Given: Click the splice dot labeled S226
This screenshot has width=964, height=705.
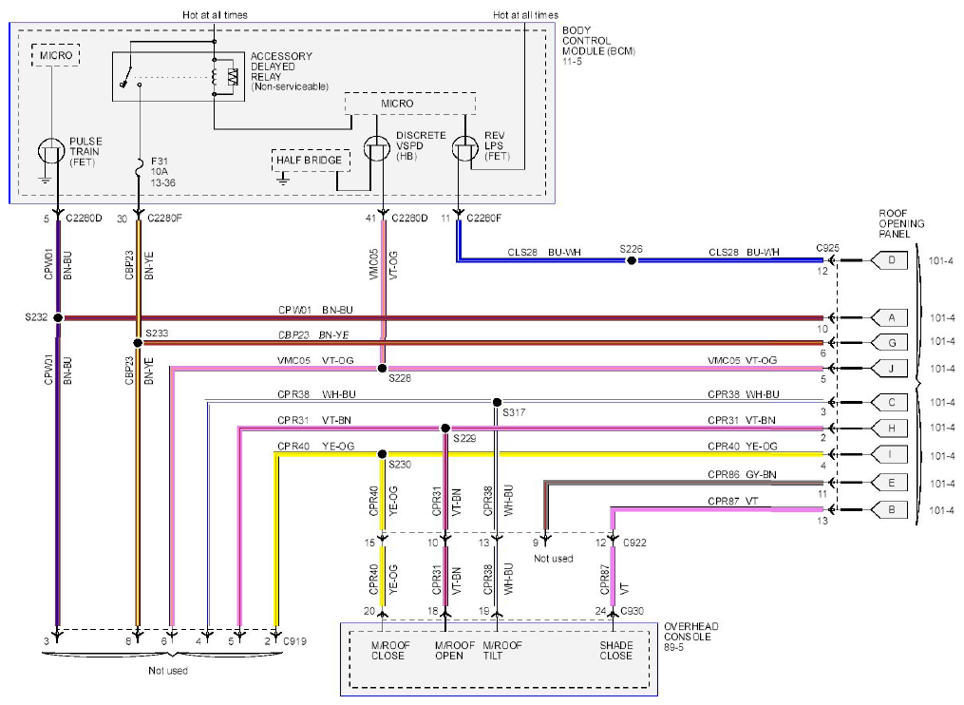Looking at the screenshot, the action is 631,260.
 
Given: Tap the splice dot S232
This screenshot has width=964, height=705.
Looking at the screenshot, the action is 58,317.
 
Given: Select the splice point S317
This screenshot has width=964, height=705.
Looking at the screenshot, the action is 497,402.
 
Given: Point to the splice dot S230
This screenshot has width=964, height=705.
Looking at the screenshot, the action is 382,454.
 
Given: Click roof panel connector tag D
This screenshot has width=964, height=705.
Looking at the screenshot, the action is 889,260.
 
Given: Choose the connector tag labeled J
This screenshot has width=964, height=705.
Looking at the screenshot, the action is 889,369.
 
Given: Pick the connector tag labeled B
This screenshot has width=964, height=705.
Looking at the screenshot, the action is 889,509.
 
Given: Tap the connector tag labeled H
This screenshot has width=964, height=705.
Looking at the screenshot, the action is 889,429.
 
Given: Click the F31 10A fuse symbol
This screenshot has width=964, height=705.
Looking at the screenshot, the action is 139,165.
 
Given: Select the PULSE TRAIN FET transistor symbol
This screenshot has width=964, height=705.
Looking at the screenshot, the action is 51,151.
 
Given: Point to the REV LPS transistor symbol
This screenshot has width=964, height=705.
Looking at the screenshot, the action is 464,148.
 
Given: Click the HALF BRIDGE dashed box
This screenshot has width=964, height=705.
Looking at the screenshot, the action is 311,160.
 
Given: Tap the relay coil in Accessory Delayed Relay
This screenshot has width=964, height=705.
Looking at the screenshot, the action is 215,77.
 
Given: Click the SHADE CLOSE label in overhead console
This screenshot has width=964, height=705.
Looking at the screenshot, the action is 616,650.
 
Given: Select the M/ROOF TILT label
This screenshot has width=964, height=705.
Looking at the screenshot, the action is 501,650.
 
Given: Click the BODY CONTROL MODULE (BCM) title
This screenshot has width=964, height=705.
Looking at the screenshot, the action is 598,41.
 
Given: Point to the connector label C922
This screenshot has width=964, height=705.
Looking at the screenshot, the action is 634,543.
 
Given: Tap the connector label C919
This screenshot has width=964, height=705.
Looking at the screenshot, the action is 294,641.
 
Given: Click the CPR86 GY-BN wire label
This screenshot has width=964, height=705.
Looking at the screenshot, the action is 742,474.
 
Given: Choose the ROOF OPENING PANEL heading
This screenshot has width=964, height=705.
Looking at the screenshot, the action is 901,223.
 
